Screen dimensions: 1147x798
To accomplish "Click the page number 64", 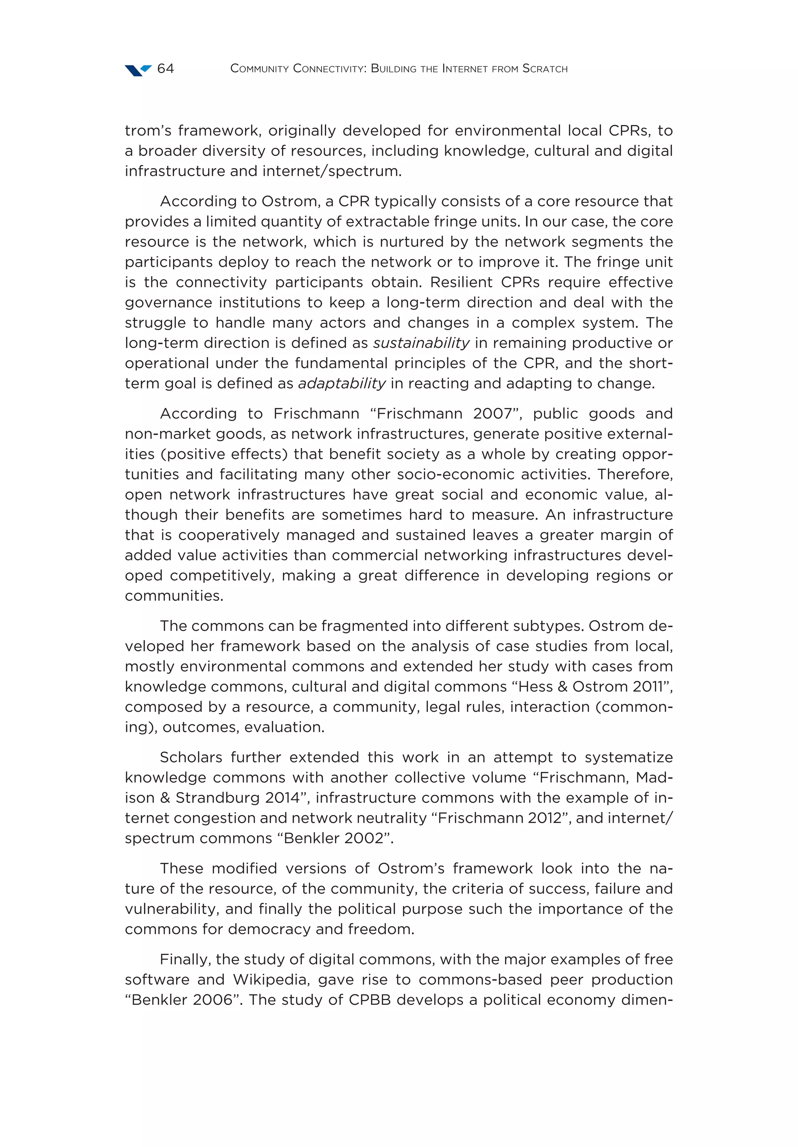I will (165, 69).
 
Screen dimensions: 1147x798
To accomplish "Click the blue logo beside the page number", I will (138, 70).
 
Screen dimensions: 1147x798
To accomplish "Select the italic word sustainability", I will (421, 343).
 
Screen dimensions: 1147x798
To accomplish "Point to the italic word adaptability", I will (342, 384).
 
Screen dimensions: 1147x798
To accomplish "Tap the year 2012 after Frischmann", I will (542, 818).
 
